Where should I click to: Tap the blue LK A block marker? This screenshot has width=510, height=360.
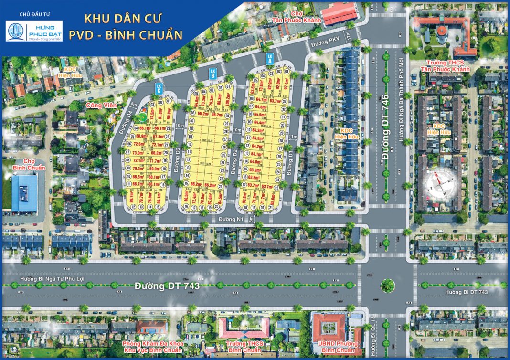270,59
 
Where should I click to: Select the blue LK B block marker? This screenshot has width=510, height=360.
213,74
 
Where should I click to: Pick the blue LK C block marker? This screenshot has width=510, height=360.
158,88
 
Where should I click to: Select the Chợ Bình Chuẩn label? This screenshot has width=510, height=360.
30,165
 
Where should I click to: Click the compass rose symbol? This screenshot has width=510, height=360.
442,183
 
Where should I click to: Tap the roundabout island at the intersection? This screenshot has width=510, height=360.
387,286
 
